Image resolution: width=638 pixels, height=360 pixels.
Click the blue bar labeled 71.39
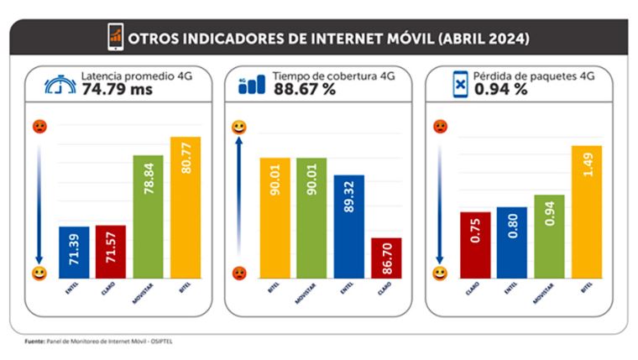point(74,252)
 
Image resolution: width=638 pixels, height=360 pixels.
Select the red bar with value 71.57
point(111,251)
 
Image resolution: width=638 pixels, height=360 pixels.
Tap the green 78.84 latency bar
point(148,216)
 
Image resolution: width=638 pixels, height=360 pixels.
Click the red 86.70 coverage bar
point(386,258)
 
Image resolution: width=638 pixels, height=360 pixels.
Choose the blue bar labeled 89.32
point(348,227)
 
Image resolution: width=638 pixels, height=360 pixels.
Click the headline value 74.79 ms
point(115,89)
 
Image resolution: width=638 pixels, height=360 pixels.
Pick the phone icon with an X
point(459,84)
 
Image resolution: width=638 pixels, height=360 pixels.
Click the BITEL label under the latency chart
point(185,293)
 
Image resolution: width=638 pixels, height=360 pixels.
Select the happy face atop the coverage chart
point(239,127)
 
